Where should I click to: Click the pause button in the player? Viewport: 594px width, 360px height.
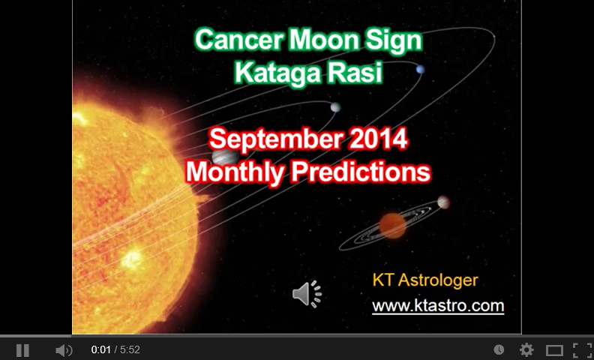tap(22, 350)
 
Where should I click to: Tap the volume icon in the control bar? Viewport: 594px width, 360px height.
tap(64, 350)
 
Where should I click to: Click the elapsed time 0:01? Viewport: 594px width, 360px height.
tap(100, 350)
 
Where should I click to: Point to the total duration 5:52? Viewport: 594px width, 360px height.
tap(130, 350)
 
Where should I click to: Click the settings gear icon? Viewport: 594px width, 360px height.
tap(526, 350)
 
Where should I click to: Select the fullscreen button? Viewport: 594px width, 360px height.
tap(582, 350)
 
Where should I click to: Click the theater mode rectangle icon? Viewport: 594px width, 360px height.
tap(554, 350)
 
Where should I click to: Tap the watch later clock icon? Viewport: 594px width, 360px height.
tap(499, 350)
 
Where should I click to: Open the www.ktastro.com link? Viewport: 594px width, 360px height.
tap(438, 306)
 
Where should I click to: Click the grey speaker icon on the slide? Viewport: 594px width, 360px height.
tap(307, 294)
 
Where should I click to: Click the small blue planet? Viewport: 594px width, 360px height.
tap(420, 70)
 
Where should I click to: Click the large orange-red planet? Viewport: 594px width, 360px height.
tap(392, 223)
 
